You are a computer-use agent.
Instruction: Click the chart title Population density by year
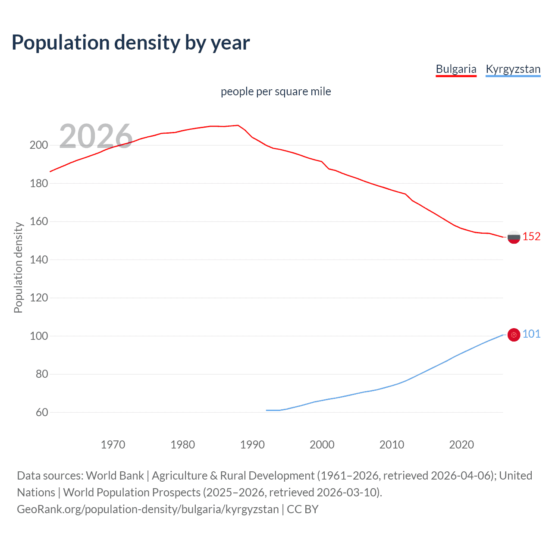pyautogui.click(x=131, y=43)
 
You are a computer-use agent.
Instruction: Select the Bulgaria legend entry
pyautogui.click(x=456, y=69)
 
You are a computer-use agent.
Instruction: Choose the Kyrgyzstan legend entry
pyautogui.click(x=513, y=69)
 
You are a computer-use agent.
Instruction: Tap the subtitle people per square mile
pyautogui.click(x=276, y=91)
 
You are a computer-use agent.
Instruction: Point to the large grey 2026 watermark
pyautogui.click(x=96, y=136)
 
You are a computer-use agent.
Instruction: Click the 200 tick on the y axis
pyautogui.click(x=39, y=145)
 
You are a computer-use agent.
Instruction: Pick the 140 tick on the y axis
pyautogui.click(x=39, y=260)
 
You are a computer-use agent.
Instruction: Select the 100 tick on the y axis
pyautogui.click(x=39, y=336)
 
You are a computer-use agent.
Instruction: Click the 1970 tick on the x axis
pyautogui.click(x=113, y=445)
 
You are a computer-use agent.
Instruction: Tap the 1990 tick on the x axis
pyautogui.click(x=252, y=445)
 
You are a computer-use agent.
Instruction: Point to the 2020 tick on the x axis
pyautogui.click(x=461, y=445)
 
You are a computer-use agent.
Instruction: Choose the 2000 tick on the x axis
pyautogui.click(x=322, y=445)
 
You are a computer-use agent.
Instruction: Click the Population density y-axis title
pyautogui.click(x=18, y=267)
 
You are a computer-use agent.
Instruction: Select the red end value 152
pyautogui.click(x=531, y=237)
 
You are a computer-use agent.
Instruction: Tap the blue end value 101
pyautogui.click(x=531, y=334)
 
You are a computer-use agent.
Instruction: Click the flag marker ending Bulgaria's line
pyautogui.click(x=514, y=237)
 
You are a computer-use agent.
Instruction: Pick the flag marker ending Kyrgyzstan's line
pyautogui.click(x=514, y=335)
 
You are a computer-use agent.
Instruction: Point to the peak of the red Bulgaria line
pyautogui.click(x=238, y=125)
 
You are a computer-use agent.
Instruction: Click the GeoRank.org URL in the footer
pyautogui.click(x=148, y=509)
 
